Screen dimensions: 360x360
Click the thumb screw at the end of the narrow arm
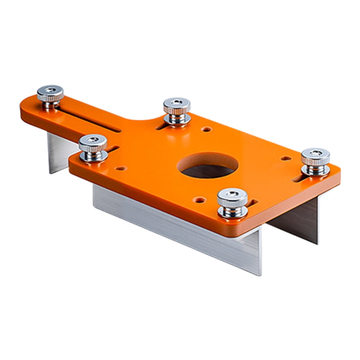50,95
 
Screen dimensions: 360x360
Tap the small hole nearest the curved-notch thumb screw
206,129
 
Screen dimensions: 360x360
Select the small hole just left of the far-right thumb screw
285,158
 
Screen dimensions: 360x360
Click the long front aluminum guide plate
176,227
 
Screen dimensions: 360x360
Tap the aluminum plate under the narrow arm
59,151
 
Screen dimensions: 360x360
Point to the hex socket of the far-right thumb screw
316,153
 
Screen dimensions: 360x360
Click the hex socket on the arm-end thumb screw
50,89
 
